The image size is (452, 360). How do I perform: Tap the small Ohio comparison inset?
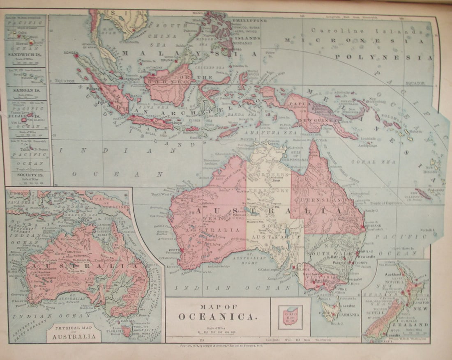[x=290, y=317]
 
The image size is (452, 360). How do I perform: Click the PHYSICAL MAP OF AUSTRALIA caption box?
[x=74, y=333]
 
